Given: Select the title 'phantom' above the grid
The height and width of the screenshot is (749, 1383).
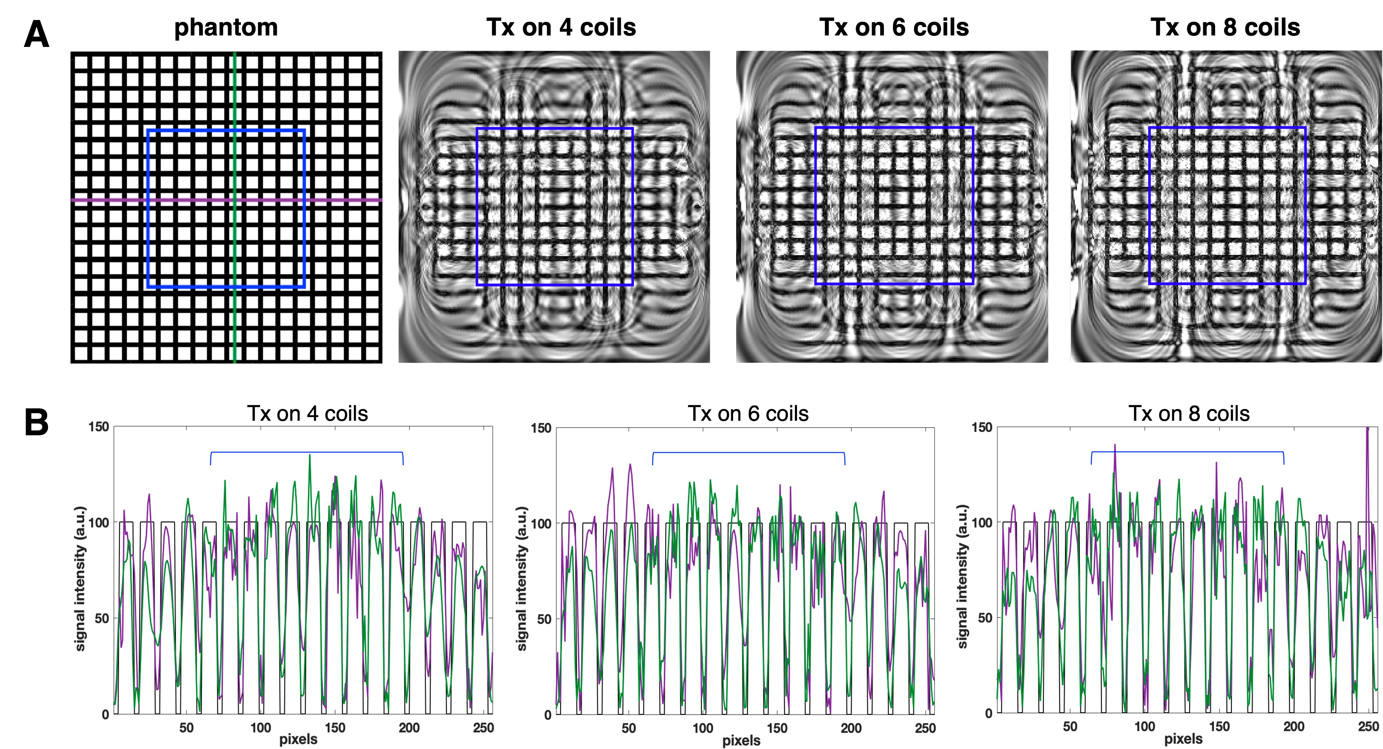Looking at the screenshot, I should (226, 27).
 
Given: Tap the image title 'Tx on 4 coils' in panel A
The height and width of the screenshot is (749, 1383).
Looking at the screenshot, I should (561, 27).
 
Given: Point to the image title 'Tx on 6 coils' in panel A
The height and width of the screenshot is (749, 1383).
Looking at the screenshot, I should (894, 27).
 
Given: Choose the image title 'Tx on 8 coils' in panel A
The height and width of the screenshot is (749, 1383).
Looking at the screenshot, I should (1225, 27).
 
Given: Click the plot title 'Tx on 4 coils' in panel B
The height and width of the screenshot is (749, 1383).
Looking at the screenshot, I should (307, 414).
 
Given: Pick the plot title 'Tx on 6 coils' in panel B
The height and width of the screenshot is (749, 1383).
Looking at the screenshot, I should (748, 414).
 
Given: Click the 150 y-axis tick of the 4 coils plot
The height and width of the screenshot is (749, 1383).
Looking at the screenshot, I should (98, 427).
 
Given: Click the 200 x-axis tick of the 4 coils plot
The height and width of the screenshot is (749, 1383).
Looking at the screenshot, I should (409, 728).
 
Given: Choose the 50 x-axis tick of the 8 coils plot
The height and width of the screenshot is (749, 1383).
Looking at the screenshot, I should (1070, 727).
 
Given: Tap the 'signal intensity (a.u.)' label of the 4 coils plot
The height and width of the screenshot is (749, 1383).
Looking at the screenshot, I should (80, 578).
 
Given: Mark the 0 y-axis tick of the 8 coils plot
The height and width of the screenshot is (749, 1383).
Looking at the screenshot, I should (988, 714).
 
